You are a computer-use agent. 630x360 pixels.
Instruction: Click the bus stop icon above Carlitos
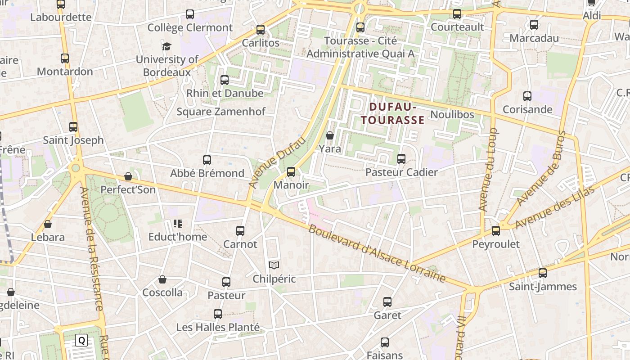pyautogui.click(x=261, y=30)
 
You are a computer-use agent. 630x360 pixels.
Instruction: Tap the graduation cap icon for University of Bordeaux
pyautogui.click(x=167, y=46)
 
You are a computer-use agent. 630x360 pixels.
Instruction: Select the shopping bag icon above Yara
pyautogui.click(x=330, y=135)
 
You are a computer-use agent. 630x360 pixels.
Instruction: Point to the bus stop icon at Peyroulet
pyautogui.click(x=496, y=231)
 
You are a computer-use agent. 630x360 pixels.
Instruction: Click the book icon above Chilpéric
pyautogui.click(x=274, y=265)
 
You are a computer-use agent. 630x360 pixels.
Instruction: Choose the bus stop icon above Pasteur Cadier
pyautogui.click(x=401, y=159)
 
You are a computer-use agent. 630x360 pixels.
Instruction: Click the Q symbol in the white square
pyautogui.click(x=81, y=340)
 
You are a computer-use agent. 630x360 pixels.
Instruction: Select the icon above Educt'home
pyautogui.click(x=177, y=224)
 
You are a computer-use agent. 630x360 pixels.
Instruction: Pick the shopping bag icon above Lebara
pyautogui.click(x=48, y=224)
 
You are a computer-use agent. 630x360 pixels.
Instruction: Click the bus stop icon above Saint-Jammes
pyautogui.click(x=543, y=273)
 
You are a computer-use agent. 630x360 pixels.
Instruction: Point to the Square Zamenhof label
pyautogui.click(x=221, y=112)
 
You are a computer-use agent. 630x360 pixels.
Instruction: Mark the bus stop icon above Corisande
pyautogui.click(x=527, y=96)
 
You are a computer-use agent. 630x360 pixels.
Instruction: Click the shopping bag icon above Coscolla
pyautogui.click(x=162, y=279)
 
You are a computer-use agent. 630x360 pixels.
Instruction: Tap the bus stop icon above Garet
pyautogui.click(x=387, y=302)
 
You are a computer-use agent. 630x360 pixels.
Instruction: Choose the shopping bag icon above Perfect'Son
pyautogui.click(x=128, y=176)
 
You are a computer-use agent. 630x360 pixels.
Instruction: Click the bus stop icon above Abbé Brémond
pyautogui.click(x=207, y=160)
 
